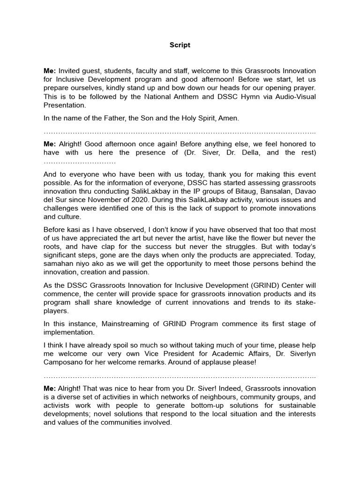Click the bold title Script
click(180, 45)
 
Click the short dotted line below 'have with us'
click(80, 161)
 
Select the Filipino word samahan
click(60, 263)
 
